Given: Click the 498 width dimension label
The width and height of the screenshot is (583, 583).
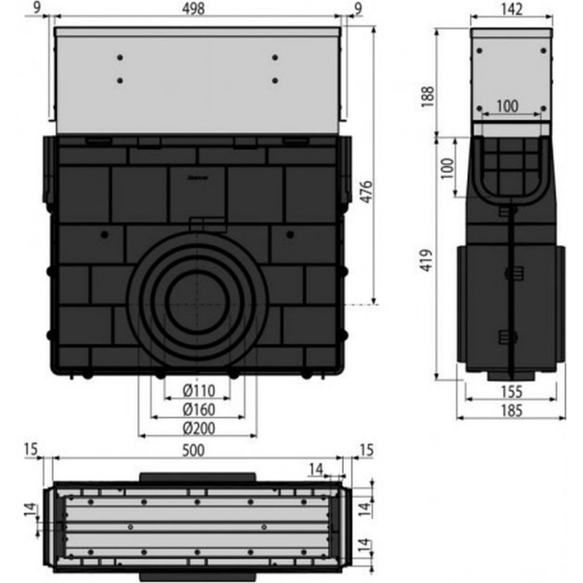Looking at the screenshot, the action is pyautogui.click(x=194, y=9).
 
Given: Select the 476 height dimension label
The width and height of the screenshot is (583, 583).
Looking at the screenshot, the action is pyautogui.click(x=367, y=192).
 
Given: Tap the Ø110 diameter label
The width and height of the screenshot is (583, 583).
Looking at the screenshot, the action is pyautogui.click(x=199, y=391).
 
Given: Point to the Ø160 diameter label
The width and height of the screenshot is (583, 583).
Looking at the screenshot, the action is pyautogui.click(x=199, y=410).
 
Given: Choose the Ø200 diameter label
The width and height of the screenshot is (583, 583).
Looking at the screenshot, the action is pyautogui.click(x=199, y=429).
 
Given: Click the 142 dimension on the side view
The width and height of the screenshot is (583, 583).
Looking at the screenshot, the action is pyautogui.click(x=512, y=9).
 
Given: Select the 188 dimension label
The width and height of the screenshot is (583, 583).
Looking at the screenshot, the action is pyautogui.click(x=428, y=97).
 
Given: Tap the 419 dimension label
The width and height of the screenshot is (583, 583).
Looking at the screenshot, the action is pyautogui.click(x=427, y=260).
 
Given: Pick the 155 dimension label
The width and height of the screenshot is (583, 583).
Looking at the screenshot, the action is pyautogui.click(x=512, y=391).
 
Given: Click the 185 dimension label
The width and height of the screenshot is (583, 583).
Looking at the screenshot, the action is pyautogui.click(x=512, y=410).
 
